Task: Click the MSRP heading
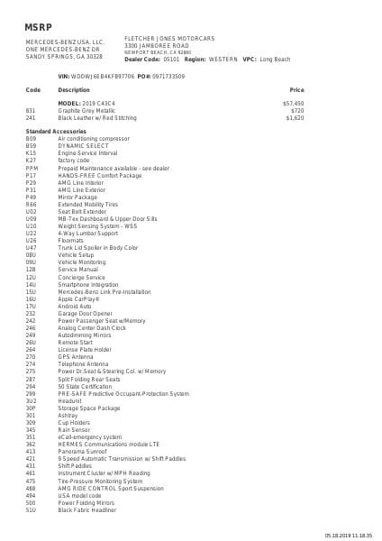(x=39, y=25)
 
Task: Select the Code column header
(x=33, y=90)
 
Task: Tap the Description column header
(x=74, y=90)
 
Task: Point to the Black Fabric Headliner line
(x=88, y=509)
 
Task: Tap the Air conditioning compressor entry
(x=94, y=139)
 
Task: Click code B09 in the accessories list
(x=31, y=139)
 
